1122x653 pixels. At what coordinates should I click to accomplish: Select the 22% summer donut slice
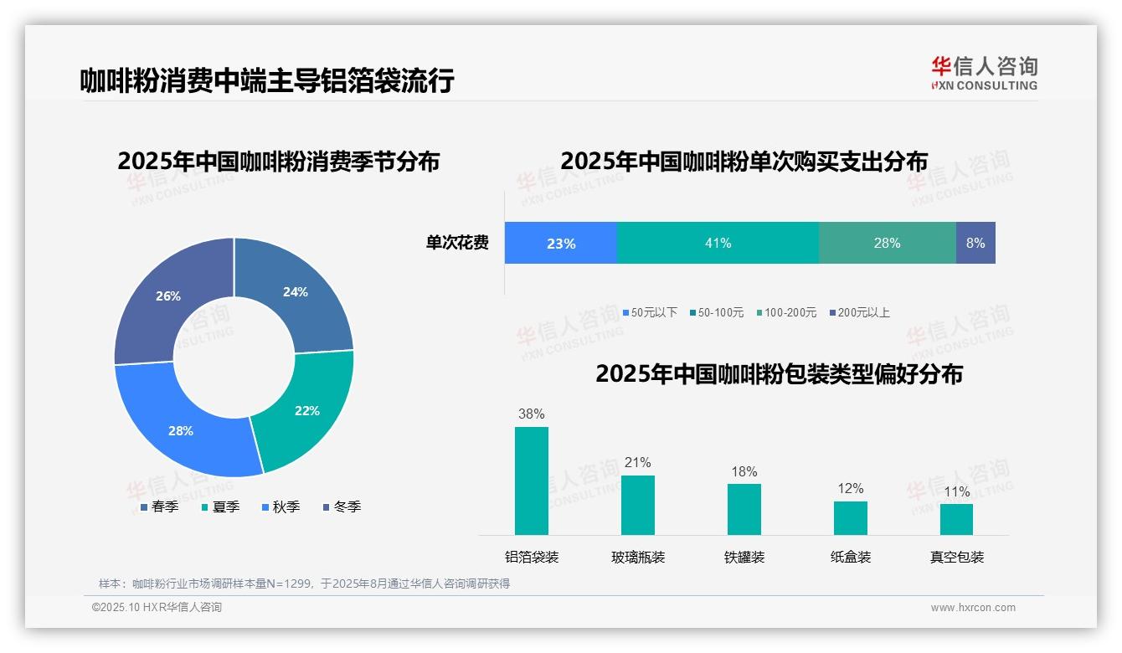point(306,410)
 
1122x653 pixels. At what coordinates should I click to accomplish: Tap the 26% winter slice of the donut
point(167,296)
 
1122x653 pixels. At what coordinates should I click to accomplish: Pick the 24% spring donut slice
point(296,292)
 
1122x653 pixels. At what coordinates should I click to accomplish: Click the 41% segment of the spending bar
point(718,243)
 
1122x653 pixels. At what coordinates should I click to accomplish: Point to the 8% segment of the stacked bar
point(975,243)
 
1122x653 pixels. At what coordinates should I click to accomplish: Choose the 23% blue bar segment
point(560,243)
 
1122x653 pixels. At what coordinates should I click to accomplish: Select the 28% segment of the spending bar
point(887,243)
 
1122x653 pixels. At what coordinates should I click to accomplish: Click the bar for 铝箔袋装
point(532,481)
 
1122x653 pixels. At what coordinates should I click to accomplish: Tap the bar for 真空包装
point(956,519)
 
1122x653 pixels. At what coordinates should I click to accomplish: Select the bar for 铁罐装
point(744,509)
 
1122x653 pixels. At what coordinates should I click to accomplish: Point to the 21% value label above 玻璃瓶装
point(637,462)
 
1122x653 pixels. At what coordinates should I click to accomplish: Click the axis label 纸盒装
point(851,557)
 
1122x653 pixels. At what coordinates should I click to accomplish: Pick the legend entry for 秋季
point(280,506)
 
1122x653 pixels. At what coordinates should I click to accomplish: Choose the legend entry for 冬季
point(342,506)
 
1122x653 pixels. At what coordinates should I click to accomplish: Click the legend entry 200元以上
point(859,312)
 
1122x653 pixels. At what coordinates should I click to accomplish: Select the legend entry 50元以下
point(649,312)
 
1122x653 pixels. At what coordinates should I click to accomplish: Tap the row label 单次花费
point(457,243)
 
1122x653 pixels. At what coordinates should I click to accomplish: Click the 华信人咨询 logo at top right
point(984,73)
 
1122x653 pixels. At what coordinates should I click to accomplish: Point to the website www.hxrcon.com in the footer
point(973,608)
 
